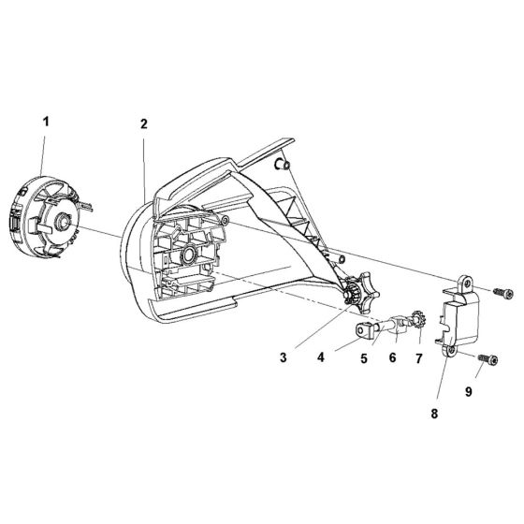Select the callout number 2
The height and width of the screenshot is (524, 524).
(x=143, y=123)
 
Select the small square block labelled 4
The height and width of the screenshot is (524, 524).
(x=364, y=329)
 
